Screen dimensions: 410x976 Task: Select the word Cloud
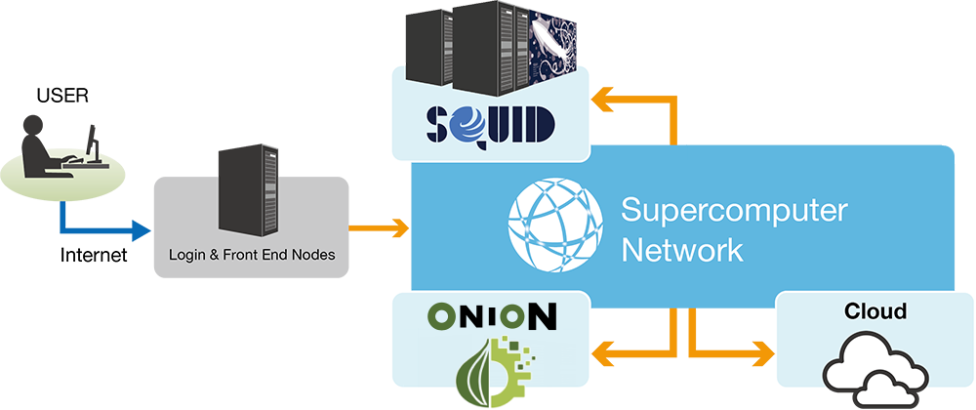[x=875, y=312]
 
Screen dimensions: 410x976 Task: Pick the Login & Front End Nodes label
[x=251, y=256]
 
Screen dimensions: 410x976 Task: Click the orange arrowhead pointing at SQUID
[x=606, y=99]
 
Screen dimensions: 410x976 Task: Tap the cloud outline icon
[x=874, y=369]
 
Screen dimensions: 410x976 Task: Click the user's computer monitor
[x=91, y=143]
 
